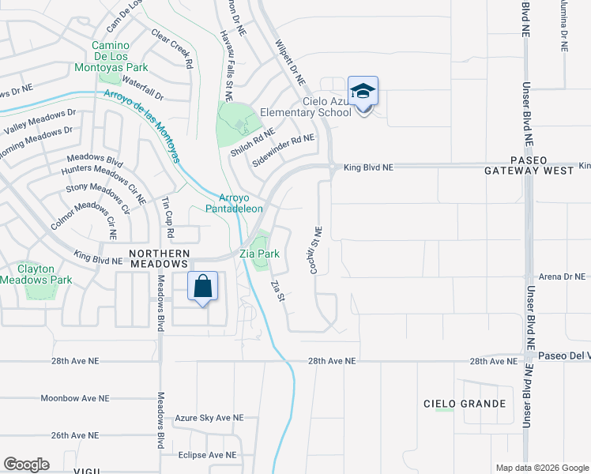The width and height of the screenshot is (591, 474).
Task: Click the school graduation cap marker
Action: pyautogui.click(x=363, y=92)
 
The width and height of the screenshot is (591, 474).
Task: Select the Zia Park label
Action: pyautogui.click(x=260, y=254)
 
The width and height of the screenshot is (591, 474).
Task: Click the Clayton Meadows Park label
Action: pyautogui.click(x=36, y=274)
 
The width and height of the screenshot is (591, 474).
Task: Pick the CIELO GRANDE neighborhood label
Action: pyautogui.click(x=465, y=404)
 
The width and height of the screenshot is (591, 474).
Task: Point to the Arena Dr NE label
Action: pyautogui.click(x=562, y=276)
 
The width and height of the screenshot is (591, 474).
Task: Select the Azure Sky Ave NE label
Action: pyautogui.click(x=209, y=417)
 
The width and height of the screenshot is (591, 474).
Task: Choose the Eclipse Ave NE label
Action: pyautogui.click(x=207, y=455)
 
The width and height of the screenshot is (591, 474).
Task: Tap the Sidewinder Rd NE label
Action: pyautogui.click(x=283, y=145)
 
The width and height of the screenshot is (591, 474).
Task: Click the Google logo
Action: pyautogui.click(x=26, y=465)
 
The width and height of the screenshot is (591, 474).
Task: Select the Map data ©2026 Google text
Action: pyautogui.click(x=541, y=468)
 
